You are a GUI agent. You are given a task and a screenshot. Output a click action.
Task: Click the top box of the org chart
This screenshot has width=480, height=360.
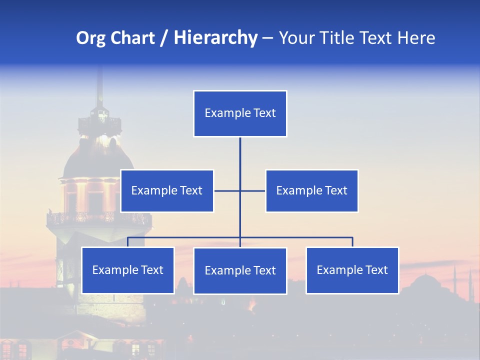240,113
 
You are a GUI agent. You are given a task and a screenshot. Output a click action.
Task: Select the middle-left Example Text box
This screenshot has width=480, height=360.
167,190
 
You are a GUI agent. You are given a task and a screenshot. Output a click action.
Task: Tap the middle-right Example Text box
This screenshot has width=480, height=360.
311,190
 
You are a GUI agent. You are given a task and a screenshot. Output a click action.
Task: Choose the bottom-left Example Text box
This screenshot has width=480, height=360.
128,270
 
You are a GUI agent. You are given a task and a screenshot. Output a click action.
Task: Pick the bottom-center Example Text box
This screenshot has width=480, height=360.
240,270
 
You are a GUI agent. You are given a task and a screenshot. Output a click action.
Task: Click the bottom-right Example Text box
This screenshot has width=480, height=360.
352,270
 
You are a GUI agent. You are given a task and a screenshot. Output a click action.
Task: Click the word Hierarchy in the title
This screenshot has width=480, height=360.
215,38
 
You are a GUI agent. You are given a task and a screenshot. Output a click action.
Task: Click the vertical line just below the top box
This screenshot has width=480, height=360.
240,150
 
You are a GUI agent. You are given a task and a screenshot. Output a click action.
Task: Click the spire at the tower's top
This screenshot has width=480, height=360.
100,85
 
